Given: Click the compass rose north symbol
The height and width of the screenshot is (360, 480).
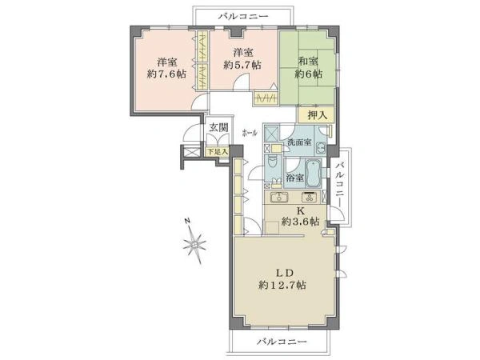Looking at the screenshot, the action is (194, 241).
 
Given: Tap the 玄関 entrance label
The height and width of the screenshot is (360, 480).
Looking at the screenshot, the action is (218, 128).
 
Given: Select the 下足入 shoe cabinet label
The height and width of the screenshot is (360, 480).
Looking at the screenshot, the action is (218, 151).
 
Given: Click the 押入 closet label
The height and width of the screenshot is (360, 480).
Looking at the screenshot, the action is (318, 115).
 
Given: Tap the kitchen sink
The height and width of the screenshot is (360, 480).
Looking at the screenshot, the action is (279, 198).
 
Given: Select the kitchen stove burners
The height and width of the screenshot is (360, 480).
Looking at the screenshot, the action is (310, 198).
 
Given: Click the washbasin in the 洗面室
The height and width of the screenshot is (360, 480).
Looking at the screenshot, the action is (321, 148).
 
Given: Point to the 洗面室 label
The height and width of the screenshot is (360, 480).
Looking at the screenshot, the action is (299, 142).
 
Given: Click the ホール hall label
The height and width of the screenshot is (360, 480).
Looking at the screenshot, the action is (250, 133).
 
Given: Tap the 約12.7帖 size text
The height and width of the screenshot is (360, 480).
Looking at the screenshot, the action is (282, 286).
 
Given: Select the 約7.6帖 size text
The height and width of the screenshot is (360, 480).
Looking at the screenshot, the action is (167, 74).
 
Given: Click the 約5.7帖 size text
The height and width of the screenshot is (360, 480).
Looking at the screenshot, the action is (242, 65).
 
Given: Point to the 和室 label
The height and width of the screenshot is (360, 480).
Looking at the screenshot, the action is (308, 62).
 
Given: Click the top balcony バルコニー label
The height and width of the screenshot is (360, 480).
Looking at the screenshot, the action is (243, 16).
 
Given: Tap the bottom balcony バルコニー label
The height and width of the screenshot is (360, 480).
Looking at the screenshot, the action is (282, 341).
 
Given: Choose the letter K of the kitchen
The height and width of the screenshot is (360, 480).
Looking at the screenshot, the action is (300, 210).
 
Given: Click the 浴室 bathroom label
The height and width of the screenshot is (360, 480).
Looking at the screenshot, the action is (295, 178).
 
